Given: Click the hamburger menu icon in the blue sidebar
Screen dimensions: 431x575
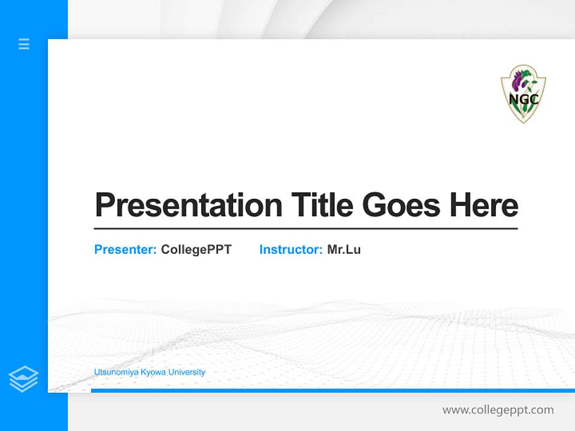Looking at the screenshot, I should pyautogui.click(x=24, y=44).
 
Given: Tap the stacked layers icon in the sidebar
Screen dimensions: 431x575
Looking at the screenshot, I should pyautogui.click(x=23, y=379).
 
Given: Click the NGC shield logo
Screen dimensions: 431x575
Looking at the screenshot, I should pyautogui.click(x=523, y=94).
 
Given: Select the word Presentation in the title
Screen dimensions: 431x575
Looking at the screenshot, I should pyautogui.click(x=188, y=205).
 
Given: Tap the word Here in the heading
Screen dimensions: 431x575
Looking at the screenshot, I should pyautogui.click(x=484, y=205).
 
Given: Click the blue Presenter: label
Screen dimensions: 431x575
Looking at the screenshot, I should pyautogui.click(x=125, y=250).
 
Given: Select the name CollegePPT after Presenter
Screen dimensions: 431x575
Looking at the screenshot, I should pyautogui.click(x=196, y=250).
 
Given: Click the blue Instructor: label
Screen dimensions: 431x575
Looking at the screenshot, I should pyautogui.click(x=290, y=250).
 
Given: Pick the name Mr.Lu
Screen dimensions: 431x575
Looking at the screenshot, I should pyautogui.click(x=344, y=250).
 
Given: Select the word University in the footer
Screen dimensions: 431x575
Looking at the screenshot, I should pyautogui.click(x=187, y=372).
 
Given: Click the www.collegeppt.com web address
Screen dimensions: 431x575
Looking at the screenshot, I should pyautogui.click(x=498, y=410).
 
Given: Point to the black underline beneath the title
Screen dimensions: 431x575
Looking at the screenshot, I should pyautogui.click(x=305, y=229).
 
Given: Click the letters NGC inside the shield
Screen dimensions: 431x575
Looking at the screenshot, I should pyautogui.click(x=523, y=99).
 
